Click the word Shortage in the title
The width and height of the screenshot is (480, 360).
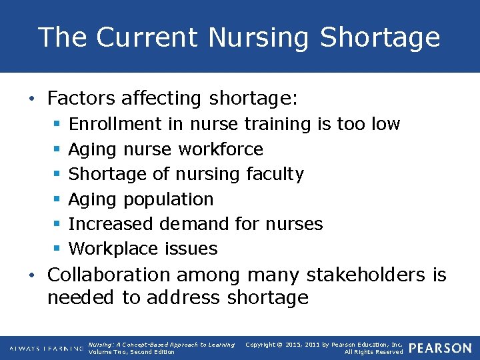(x=380, y=37)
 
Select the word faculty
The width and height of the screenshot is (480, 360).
(x=275, y=174)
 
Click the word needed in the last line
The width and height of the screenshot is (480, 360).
(x=81, y=297)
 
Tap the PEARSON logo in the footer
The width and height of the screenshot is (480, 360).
(x=439, y=348)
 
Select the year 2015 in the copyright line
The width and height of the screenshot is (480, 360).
(x=291, y=345)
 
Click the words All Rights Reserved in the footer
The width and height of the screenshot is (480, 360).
(x=373, y=352)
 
